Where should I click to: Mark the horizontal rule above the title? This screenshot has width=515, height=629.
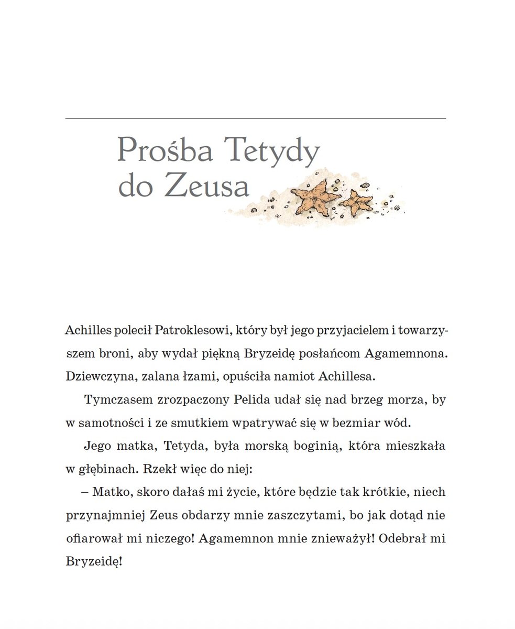pyautogui.click(x=256, y=119)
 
